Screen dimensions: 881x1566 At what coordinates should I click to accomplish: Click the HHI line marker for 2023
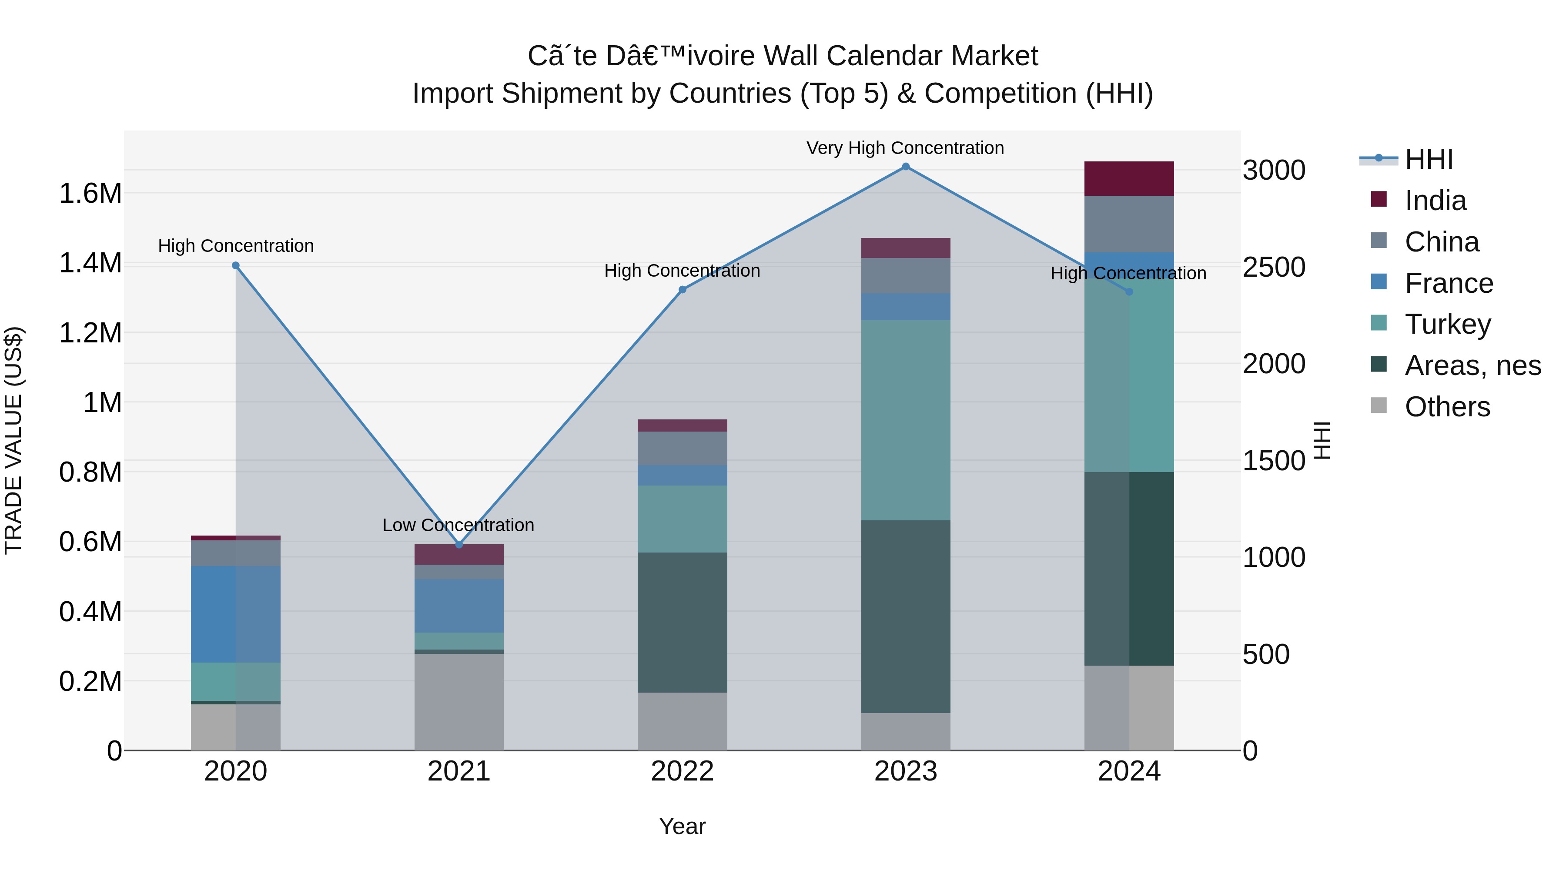tap(905, 167)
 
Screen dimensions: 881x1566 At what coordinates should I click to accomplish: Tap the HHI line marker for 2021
tap(459, 545)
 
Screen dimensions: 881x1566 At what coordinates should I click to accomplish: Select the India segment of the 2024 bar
tap(1129, 179)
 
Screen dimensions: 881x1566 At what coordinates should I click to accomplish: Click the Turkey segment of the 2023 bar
tap(905, 419)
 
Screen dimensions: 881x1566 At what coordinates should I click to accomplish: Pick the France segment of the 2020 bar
tap(236, 614)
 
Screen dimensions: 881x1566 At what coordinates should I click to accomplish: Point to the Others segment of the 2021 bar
tap(459, 702)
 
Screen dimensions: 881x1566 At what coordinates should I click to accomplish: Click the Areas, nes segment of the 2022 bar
tap(682, 622)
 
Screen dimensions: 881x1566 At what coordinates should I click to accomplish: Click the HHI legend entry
tap(1429, 159)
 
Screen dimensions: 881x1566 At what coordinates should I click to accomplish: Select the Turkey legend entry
tap(1447, 324)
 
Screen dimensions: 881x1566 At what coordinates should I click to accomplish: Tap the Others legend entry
tap(1447, 407)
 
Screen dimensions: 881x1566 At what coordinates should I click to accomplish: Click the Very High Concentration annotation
tap(905, 148)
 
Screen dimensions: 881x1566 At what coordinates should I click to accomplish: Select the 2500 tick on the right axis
tap(1274, 267)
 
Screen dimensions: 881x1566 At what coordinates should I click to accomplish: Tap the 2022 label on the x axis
tap(682, 771)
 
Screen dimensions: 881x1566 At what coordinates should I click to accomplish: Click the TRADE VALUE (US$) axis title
tap(13, 440)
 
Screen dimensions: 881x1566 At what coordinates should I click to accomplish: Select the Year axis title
tap(682, 826)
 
